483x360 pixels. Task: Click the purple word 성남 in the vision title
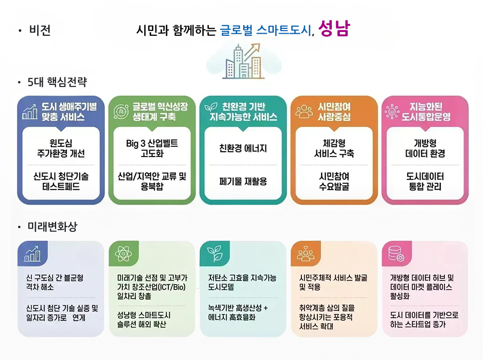pyautogui.click(x=334, y=29)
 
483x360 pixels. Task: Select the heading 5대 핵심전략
pyautogui.click(x=57, y=82)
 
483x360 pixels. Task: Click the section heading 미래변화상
pyautogui.click(x=52, y=226)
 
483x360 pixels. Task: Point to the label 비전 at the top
pyautogui.click(x=40, y=30)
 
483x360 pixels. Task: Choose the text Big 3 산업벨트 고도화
pyautogui.click(x=152, y=148)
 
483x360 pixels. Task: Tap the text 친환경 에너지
pyautogui.click(x=243, y=148)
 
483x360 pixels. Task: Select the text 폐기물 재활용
pyautogui.click(x=243, y=181)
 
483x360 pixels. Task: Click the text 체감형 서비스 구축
pyautogui.click(x=334, y=148)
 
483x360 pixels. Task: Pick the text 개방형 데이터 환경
pyautogui.click(x=425, y=148)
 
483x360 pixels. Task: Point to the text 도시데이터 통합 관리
pyautogui.click(x=425, y=181)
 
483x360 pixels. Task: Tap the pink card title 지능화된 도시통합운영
pyautogui.click(x=430, y=111)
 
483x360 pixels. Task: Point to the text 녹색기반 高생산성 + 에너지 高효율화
pyautogui.click(x=238, y=312)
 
